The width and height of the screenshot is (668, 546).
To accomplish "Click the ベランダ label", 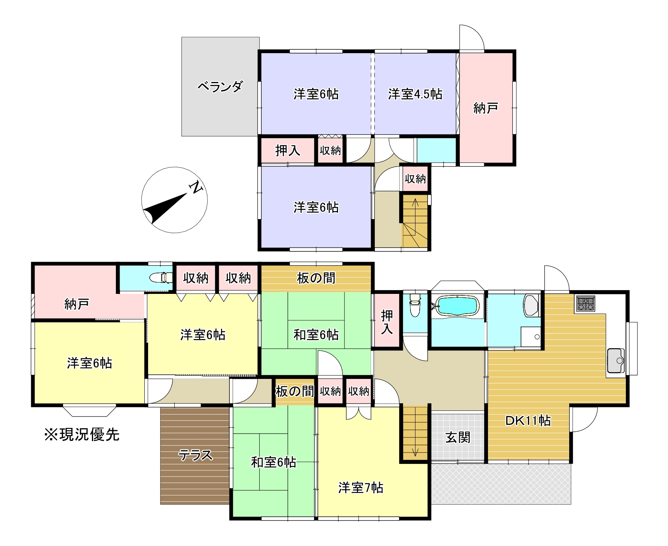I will [220, 87].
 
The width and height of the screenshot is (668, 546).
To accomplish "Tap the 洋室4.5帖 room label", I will [415, 94].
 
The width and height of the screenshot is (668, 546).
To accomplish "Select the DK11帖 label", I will [528, 420].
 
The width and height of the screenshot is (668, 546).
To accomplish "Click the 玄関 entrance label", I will [458, 437].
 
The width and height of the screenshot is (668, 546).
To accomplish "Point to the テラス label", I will [196, 454].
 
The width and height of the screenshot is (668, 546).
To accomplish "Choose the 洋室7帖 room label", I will [360, 487].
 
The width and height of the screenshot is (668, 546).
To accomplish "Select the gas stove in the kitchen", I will [586, 303].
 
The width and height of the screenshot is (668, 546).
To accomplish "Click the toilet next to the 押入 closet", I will [415, 305].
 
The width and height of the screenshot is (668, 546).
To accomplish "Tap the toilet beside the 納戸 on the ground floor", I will [161, 278].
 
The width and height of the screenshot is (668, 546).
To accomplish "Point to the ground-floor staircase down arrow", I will [415, 437].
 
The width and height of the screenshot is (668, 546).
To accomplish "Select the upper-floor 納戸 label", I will [486, 108].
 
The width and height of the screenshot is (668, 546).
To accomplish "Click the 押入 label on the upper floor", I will [287, 151].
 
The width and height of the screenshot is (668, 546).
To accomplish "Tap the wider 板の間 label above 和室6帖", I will [316, 278].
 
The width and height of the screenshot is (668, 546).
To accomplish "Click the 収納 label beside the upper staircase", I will [415, 178].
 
